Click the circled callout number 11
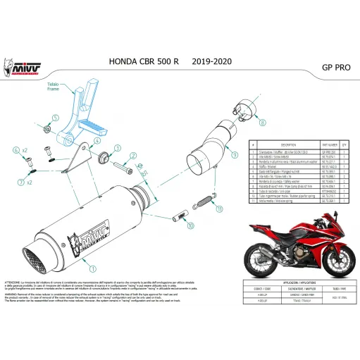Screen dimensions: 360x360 [x=218, y=209]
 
